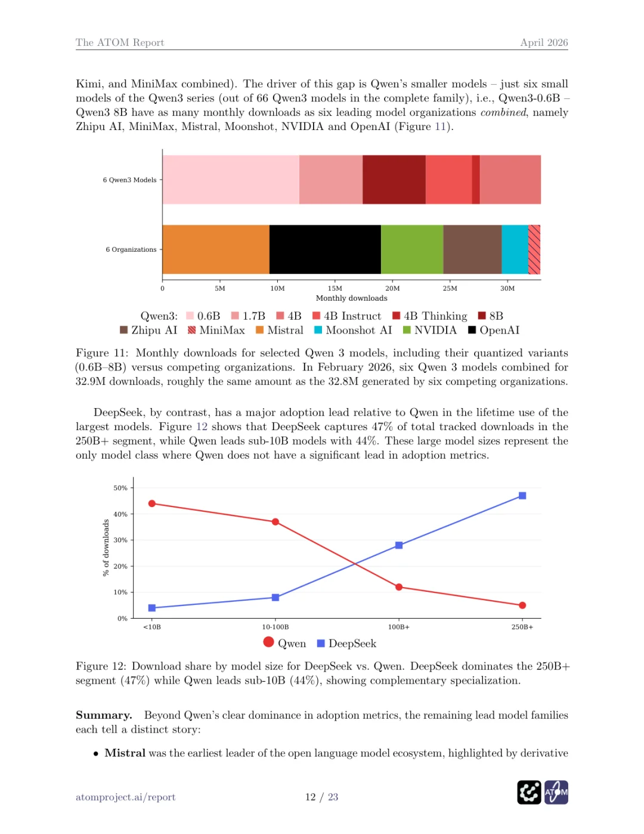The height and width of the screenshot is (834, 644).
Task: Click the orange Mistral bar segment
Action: tap(216, 249)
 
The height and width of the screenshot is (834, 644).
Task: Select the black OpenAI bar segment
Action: tap(325, 249)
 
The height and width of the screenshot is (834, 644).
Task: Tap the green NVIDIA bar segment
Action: tap(412, 249)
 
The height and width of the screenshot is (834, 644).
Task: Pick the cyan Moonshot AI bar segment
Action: tap(515, 249)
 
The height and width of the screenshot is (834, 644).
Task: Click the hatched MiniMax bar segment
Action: tap(534, 249)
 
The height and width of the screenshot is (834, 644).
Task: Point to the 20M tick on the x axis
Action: tap(392, 288)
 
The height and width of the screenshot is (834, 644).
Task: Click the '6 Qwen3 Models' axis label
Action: tap(129, 180)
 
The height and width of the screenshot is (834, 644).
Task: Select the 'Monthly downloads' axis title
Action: tap(351, 298)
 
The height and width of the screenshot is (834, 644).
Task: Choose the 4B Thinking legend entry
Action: tap(430, 316)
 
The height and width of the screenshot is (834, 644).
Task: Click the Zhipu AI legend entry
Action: tap(149, 330)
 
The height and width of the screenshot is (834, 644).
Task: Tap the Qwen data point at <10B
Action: tap(152, 504)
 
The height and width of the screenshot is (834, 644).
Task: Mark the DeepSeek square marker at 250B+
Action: tap(522, 496)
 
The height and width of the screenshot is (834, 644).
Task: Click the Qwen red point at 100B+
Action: tap(399, 587)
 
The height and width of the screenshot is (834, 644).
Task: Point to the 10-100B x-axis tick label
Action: tap(275, 627)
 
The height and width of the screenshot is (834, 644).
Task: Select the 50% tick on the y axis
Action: tap(120, 488)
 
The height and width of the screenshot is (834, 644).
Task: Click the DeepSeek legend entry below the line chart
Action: tap(346, 644)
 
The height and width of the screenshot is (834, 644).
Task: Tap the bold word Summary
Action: tap(104, 715)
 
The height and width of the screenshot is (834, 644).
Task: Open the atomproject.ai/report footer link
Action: tap(125, 797)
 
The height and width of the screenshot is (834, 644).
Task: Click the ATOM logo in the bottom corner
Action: tap(556, 792)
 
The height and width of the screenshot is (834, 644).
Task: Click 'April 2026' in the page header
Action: tap(544, 42)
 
